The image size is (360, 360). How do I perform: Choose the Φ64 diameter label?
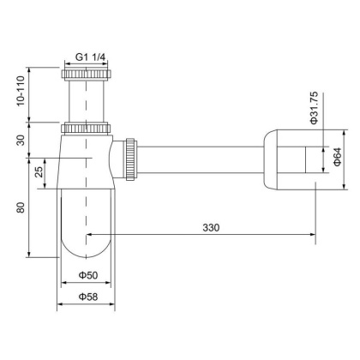[x=337, y=158]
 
